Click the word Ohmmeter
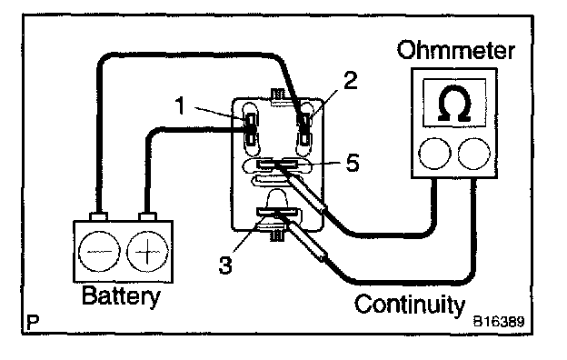point(455,50)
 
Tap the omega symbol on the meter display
point(454,103)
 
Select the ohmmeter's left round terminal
point(434,154)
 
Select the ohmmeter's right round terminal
point(473,154)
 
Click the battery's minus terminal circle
point(99,251)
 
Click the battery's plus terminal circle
point(147,251)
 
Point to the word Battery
point(121,296)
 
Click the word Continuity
point(409,305)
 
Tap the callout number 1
point(181,105)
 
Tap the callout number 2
point(350,80)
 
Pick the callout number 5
point(353,163)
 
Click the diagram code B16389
point(499,321)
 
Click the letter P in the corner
point(33,321)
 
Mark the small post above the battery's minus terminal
point(98,216)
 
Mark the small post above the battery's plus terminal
point(147,216)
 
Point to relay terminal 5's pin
point(277,165)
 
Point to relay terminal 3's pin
point(277,212)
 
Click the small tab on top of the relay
point(278,95)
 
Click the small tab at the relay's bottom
point(278,235)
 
